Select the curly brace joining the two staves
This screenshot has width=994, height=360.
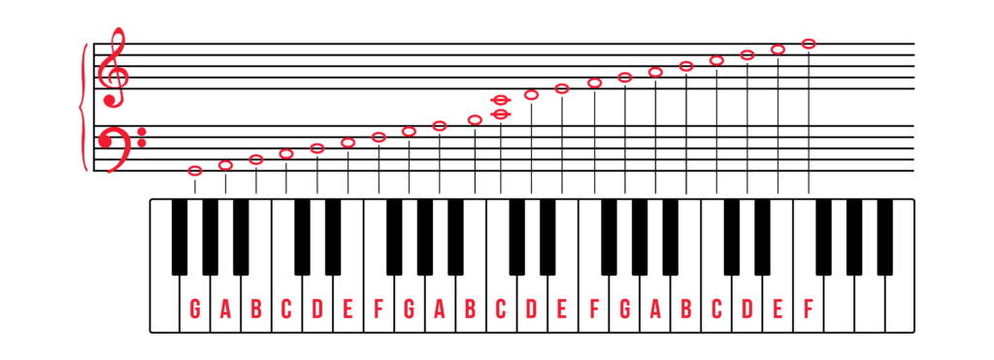[83, 108]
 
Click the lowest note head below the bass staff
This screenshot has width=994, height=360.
[195, 171]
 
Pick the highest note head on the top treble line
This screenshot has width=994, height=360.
[809, 44]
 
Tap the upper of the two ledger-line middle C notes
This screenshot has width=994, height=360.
[501, 100]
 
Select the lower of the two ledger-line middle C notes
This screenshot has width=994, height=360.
[501, 115]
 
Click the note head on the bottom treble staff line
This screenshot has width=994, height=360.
[562, 88]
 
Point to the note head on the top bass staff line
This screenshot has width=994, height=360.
[440, 126]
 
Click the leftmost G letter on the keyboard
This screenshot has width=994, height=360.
[195, 309]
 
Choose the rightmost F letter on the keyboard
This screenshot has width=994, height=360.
[809, 309]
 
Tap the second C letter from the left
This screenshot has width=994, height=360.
[501, 309]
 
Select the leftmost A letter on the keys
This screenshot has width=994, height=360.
[225, 309]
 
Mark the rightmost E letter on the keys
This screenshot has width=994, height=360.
[778, 309]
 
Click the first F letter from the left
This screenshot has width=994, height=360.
[379, 309]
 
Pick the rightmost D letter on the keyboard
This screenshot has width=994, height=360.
[747, 309]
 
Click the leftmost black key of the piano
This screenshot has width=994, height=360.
[180, 237]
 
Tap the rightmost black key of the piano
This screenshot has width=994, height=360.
[885, 237]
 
